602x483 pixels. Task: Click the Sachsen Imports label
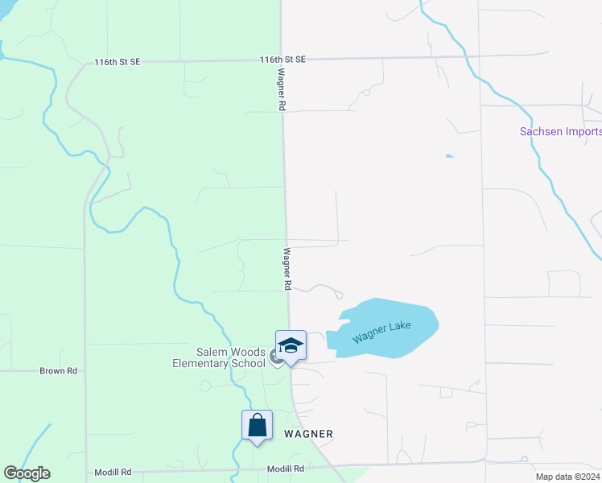coord(561,132)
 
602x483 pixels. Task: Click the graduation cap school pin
coord(291,347)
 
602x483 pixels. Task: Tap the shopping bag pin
coord(257,425)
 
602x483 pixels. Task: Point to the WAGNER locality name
coord(308,434)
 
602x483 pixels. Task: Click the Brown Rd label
coord(59,371)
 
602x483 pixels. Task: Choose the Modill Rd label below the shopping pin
coord(286,469)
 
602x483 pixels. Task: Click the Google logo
coord(27,473)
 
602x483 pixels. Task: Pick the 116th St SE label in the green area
coord(117,61)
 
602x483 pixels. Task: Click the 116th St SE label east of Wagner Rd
coord(282,60)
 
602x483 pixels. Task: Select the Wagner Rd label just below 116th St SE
coord(282,89)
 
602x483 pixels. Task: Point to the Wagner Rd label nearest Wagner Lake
coord(287,268)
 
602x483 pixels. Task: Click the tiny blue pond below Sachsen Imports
coord(449,155)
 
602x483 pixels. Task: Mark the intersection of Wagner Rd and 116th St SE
coord(280,60)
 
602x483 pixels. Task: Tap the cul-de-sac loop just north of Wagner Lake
coord(339,295)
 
